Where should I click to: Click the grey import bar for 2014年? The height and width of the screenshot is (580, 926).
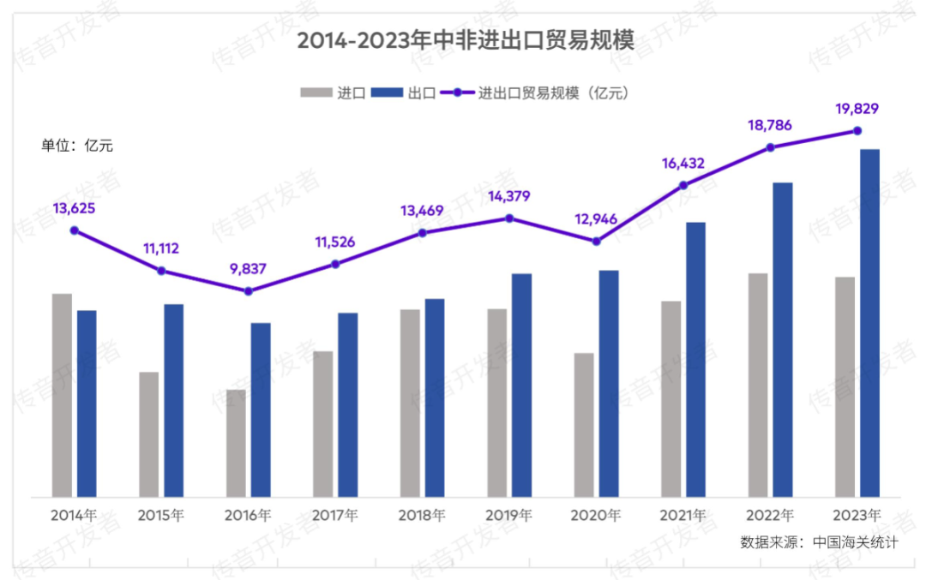pyautogui.click(x=63, y=394)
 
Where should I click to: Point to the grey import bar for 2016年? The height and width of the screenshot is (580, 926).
pyautogui.click(x=237, y=443)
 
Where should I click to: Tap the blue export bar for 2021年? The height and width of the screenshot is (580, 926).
pyautogui.click(x=695, y=359)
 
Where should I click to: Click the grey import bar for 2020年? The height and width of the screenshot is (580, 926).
pyautogui.click(x=584, y=424)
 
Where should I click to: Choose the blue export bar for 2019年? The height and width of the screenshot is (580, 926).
pyautogui.click(x=521, y=385)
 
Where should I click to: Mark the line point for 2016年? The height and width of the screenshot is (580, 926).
pyautogui.click(x=249, y=291)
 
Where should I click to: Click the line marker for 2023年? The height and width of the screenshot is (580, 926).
pyautogui.click(x=857, y=131)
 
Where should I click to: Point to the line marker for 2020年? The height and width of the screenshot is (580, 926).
pyautogui.click(x=597, y=242)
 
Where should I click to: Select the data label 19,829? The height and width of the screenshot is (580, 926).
pyautogui.click(x=857, y=109)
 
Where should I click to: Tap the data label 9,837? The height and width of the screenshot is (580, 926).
pyautogui.click(x=248, y=268)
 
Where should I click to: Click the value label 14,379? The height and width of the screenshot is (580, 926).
pyautogui.click(x=508, y=196)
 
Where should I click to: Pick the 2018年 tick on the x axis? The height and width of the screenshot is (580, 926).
pyautogui.click(x=422, y=516)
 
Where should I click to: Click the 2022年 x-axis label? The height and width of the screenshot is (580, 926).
pyautogui.click(x=770, y=516)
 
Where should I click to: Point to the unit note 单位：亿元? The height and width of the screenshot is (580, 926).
pyautogui.click(x=77, y=146)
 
